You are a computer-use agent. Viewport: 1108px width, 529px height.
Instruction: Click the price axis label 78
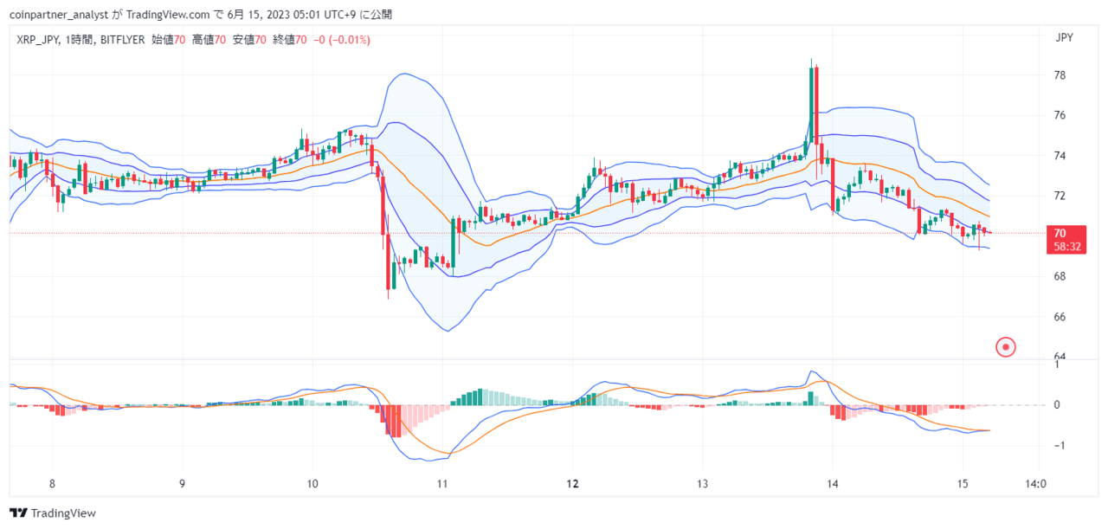(1060, 75)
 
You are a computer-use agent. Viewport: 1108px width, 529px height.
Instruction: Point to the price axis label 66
(1060, 317)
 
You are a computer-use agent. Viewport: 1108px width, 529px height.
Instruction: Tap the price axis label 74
(1060, 156)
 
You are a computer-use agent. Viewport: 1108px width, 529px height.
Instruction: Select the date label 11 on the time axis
(442, 484)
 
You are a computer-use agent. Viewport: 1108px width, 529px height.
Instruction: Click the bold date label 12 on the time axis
(572, 484)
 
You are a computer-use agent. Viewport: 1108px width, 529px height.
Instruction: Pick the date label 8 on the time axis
(52, 484)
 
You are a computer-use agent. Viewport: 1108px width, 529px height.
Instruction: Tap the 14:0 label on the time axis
(1036, 484)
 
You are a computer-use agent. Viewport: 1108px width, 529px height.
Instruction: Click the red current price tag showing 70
(1066, 240)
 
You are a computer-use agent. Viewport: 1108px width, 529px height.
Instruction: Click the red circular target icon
(1006, 347)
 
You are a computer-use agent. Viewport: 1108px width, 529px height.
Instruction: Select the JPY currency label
(1064, 37)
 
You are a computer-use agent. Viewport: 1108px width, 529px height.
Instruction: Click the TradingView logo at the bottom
(53, 513)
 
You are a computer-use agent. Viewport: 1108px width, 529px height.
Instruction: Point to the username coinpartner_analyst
(59, 15)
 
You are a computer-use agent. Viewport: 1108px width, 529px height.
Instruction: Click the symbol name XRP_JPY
(37, 40)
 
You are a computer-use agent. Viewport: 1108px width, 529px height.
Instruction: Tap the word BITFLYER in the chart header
(123, 40)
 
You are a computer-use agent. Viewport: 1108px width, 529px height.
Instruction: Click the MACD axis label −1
(1059, 446)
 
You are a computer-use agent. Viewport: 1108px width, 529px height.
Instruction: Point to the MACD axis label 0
(1057, 405)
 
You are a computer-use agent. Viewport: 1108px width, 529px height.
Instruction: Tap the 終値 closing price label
(284, 40)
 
